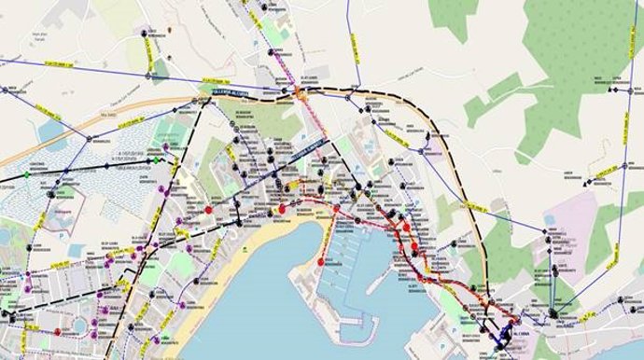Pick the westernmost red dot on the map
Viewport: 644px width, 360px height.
(x=58, y=331)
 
